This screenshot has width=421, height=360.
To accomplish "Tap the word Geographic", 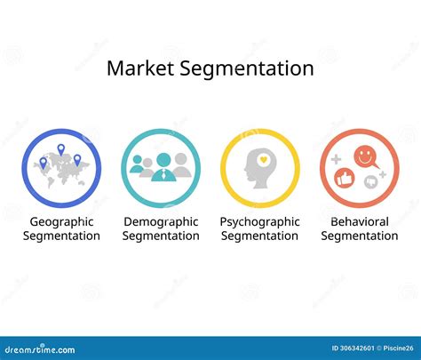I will click(61, 221).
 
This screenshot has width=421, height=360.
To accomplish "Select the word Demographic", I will click(161, 221).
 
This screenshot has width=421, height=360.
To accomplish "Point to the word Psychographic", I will click(259, 221).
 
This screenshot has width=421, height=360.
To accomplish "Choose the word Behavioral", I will click(359, 221).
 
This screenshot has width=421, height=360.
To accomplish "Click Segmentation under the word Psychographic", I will click(259, 236).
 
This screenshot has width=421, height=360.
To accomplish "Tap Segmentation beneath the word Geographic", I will click(61, 236).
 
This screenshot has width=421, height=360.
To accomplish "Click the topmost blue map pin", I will click(61, 150).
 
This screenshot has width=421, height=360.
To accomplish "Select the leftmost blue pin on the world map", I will click(41, 163).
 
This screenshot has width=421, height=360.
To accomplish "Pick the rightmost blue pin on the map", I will click(77, 160).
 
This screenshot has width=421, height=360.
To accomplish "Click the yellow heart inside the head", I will click(263, 161).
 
